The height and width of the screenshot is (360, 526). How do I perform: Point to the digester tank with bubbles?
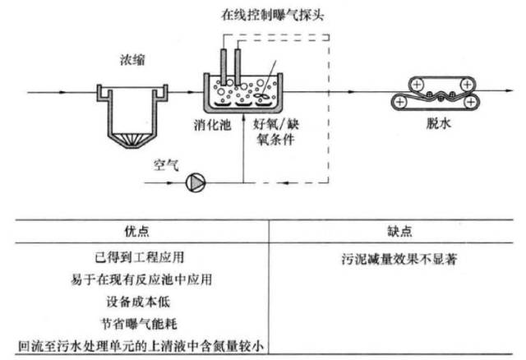tap(244, 94)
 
